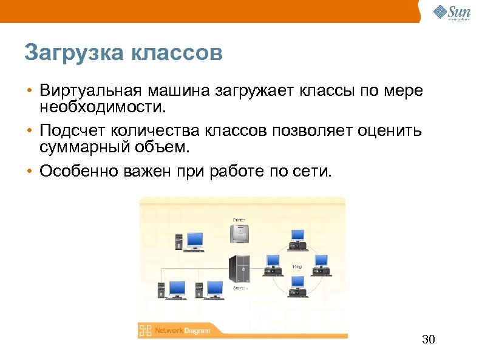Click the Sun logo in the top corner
click(451, 12)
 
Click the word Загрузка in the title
click(72, 53)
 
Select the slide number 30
click(429, 339)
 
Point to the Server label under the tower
click(239, 288)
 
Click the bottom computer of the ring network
click(297, 286)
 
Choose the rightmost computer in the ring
click(321, 263)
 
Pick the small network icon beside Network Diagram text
click(145, 331)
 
